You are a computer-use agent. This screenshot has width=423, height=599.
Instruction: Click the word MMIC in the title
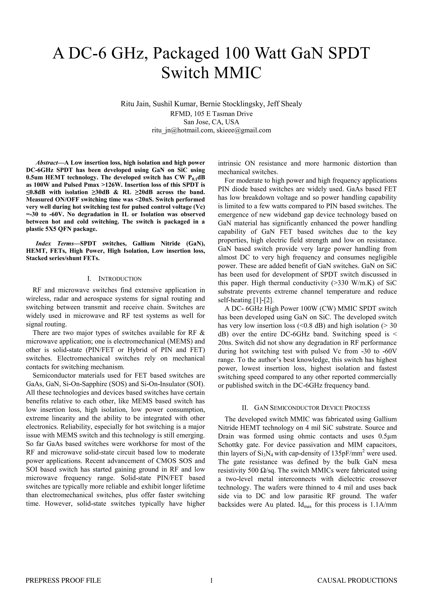237,73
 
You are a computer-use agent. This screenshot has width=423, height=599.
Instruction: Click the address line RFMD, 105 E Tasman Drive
211,114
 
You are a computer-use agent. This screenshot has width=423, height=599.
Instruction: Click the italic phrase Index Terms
55,243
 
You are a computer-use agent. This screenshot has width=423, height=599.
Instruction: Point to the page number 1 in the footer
211,580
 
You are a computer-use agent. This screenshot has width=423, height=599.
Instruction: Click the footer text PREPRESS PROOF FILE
63,580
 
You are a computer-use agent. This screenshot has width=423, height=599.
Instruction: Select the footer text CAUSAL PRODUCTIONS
357,580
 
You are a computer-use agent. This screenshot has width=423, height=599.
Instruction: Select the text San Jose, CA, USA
211,122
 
